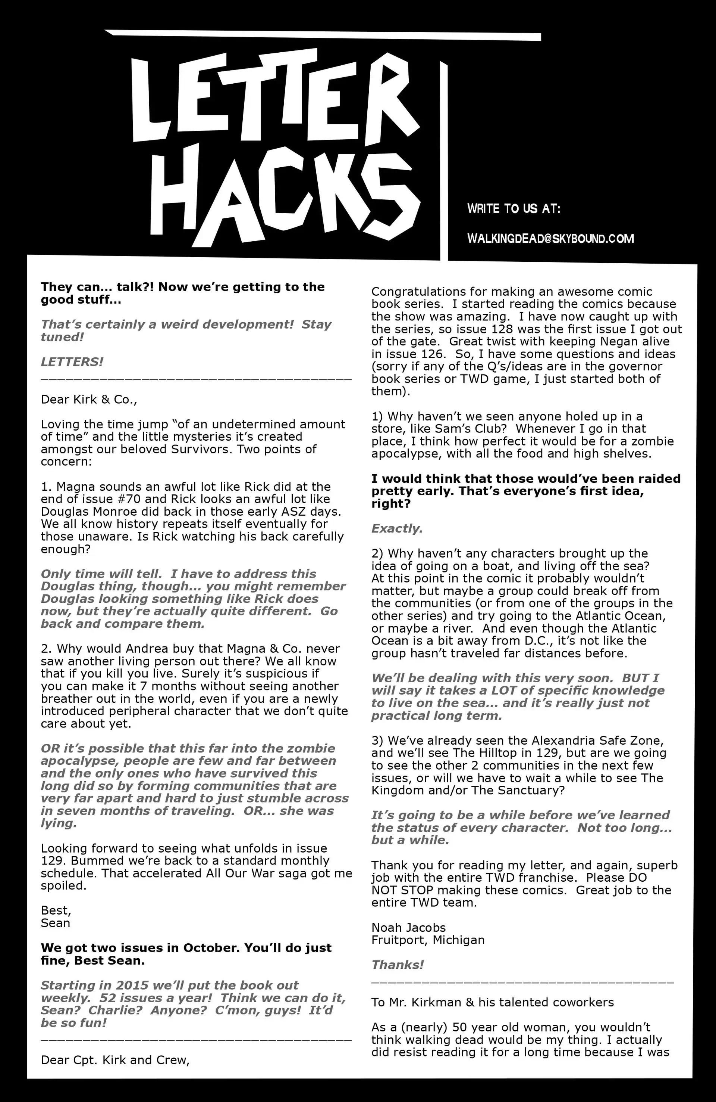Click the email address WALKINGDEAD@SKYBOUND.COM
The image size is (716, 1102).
[x=550, y=239]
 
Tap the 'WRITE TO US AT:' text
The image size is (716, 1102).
[x=514, y=209]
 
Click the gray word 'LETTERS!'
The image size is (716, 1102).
[x=72, y=361]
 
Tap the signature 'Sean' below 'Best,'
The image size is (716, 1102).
[x=56, y=923]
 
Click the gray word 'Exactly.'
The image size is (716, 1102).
[x=397, y=528]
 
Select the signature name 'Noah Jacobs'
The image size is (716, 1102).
[x=408, y=928]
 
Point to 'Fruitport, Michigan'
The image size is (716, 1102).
[x=428, y=940]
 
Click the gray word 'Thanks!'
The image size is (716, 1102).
[x=397, y=965]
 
